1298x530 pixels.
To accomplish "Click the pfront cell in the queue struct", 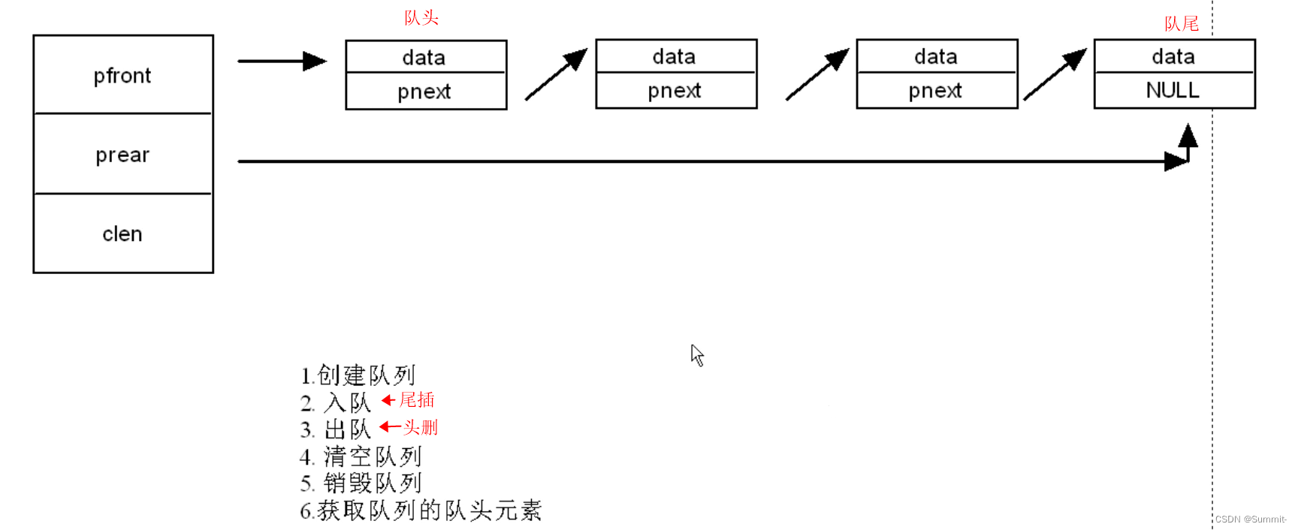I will tap(123, 75).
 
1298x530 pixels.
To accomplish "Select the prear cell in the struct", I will tap(123, 155).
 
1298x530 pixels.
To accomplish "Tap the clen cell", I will tap(123, 233).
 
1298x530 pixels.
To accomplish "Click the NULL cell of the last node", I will tap(1173, 91).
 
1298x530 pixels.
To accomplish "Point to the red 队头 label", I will tap(421, 17).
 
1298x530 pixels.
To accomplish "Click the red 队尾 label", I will tap(1181, 24).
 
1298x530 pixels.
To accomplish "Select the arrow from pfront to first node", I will tap(282, 61).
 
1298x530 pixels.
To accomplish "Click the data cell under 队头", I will tap(425, 57).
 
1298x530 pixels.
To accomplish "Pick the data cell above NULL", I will tap(1173, 56).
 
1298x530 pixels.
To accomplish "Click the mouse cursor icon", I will tap(697, 355).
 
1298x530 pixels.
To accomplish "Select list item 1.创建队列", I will tap(358, 375).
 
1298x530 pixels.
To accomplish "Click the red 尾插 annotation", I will tap(417, 400).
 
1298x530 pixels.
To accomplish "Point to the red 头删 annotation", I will tap(420, 427).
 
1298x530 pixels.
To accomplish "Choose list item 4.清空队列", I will tap(361, 456).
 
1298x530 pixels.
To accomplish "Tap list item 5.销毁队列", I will tap(361, 483).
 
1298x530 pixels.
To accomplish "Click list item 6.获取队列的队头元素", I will tap(421, 510).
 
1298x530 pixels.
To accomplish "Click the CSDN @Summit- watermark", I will tap(1250, 519).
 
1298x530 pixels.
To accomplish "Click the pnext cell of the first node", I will tap(425, 92).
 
